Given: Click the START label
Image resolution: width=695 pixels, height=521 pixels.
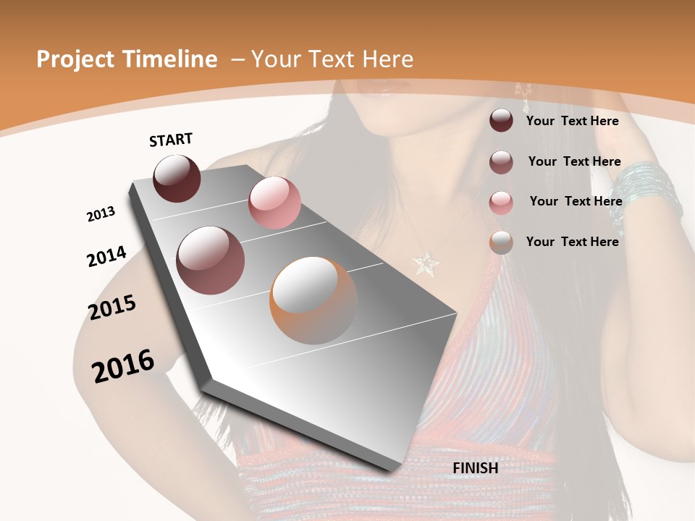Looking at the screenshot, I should [x=171, y=140].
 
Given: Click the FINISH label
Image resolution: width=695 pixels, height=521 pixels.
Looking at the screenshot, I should [x=475, y=468].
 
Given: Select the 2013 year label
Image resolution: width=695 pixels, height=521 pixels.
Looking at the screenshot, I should [x=101, y=214].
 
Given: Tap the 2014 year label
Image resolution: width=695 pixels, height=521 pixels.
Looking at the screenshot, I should [x=106, y=256].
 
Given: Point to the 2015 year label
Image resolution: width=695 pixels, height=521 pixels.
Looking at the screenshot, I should [x=112, y=308].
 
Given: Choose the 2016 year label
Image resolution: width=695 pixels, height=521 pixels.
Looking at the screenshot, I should [x=123, y=366].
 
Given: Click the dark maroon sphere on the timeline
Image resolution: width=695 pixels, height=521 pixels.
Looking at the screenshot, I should [x=177, y=179].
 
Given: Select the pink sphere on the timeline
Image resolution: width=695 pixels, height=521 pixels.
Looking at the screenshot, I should [x=274, y=203].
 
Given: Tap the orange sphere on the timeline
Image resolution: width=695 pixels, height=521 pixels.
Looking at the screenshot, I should [x=313, y=300].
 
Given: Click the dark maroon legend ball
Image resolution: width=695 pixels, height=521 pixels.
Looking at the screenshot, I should [x=501, y=121].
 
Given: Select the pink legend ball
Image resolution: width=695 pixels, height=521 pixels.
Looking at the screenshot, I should [x=501, y=202].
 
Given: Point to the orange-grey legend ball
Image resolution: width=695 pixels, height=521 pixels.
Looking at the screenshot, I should [x=501, y=242].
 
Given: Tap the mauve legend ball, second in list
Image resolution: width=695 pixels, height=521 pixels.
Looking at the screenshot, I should [x=501, y=162].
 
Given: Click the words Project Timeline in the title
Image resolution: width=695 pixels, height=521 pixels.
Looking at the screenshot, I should [x=127, y=59].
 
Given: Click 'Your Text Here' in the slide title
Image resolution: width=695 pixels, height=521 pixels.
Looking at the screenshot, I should [x=332, y=59].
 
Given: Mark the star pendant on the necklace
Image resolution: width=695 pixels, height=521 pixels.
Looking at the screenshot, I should [x=424, y=262].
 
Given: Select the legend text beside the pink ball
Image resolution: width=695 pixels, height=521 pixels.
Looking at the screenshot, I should [x=576, y=201].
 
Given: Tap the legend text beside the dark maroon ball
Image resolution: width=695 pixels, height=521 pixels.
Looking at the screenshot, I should [x=572, y=121].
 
